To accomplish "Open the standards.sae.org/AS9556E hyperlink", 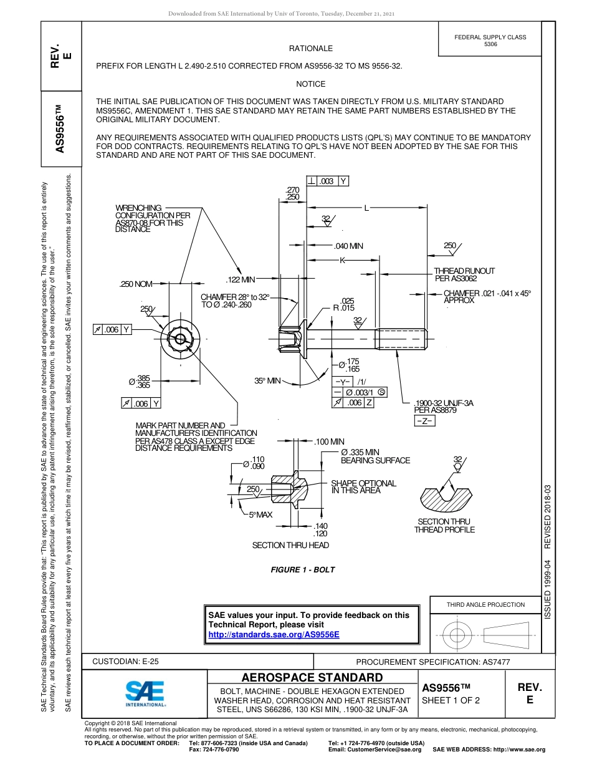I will point(274,634).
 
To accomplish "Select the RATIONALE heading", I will point(310,48).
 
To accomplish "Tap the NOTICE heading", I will point(310,84).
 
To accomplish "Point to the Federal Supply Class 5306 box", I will point(490,41).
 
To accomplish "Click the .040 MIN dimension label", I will point(348,246).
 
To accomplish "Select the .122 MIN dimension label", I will point(241,279).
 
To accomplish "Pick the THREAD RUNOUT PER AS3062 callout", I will point(464,274).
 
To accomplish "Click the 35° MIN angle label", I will point(268,380).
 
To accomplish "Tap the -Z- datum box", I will point(424,422).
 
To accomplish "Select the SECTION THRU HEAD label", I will point(290,545).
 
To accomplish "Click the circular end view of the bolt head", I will point(180,339).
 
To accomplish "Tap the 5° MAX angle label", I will point(260,514).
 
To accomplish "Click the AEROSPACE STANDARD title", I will point(312,678).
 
